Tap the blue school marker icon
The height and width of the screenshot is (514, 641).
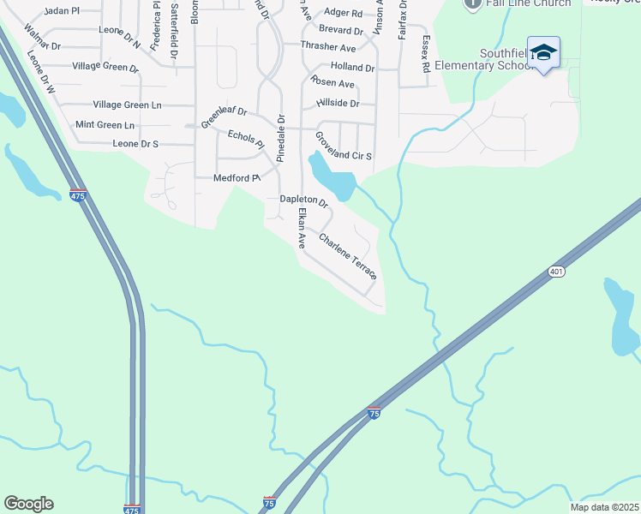coord(543,52)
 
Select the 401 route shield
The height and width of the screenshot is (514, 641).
coord(556,272)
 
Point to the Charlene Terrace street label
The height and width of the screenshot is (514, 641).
coord(347,255)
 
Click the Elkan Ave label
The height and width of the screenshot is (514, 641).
coord(302,229)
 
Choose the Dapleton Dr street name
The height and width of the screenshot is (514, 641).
coord(304,201)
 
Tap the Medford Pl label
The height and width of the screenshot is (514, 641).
coord(236,178)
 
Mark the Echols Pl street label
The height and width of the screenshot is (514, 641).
coord(246,140)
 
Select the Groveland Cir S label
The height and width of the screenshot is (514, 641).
coord(343,145)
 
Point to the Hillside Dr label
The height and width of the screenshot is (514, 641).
coord(338,103)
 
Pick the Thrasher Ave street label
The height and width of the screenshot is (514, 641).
coord(328,48)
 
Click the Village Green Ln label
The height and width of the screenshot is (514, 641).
coord(127,105)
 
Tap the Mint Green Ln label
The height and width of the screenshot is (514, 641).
coord(105,125)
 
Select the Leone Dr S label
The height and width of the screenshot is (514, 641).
coord(135,144)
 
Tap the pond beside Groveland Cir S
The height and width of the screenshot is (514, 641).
coord(334,177)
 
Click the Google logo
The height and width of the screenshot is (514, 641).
coord(28,504)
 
